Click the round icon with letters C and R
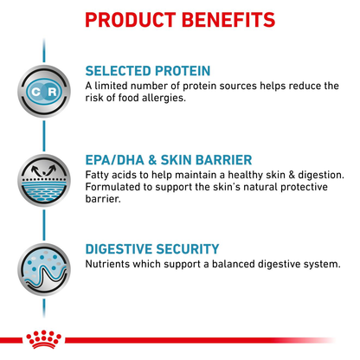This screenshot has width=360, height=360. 39,92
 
